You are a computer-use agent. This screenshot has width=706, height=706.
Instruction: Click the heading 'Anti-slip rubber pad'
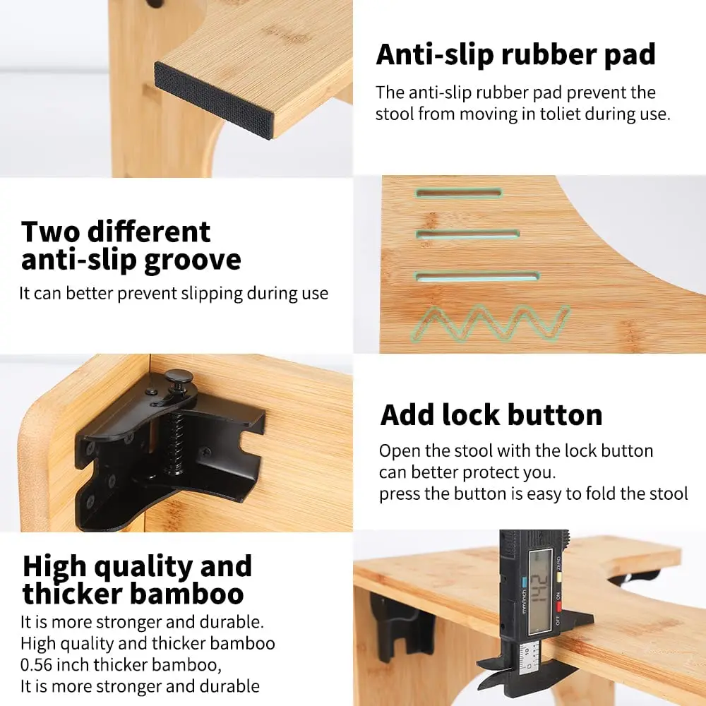click(x=515, y=55)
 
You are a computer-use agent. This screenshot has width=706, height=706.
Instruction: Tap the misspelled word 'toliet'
click(x=553, y=114)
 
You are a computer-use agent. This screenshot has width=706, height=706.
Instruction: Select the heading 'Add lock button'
click(x=491, y=414)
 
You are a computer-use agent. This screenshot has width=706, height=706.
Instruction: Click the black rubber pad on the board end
click(x=214, y=100)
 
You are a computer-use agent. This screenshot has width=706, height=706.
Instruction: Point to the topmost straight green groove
click(x=458, y=193)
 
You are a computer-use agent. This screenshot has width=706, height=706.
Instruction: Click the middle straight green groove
click(x=467, y=234)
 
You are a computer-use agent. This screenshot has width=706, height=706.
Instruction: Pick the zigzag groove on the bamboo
click(x=489, y=323)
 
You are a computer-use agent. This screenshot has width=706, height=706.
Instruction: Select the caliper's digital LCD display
click(x=540, y=591)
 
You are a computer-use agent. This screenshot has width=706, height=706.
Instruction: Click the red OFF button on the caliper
click(x=558, y=607)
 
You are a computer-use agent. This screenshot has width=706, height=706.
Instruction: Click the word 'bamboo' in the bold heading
click(x=187, y=594)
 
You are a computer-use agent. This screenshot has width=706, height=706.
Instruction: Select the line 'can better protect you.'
click(x=467, y=473)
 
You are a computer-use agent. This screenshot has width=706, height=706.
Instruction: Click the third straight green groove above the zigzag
click(x=477, y=277)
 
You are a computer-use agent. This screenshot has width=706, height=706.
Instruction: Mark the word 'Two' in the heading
click(x=51, y=232)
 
